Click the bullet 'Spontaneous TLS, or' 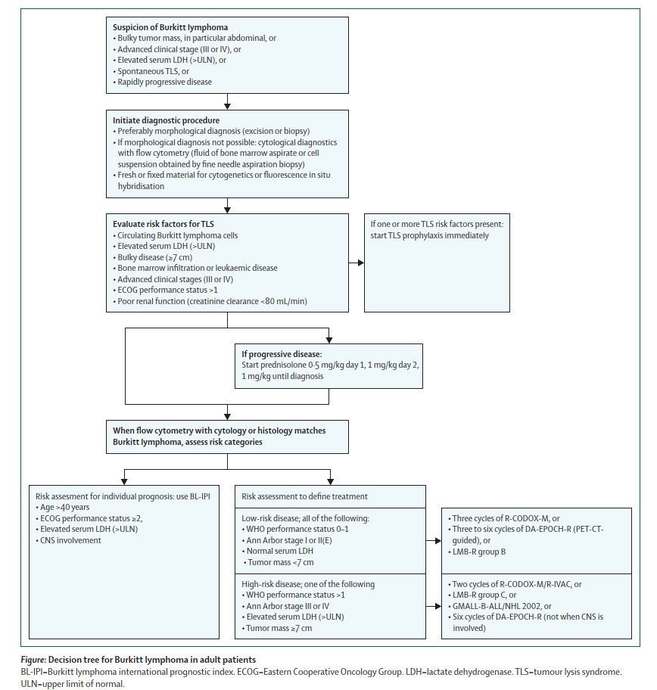coord(151,71)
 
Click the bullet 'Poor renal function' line coord(213,301)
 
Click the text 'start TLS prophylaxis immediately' coord(428,235)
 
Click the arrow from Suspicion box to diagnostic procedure coord(227,101)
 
